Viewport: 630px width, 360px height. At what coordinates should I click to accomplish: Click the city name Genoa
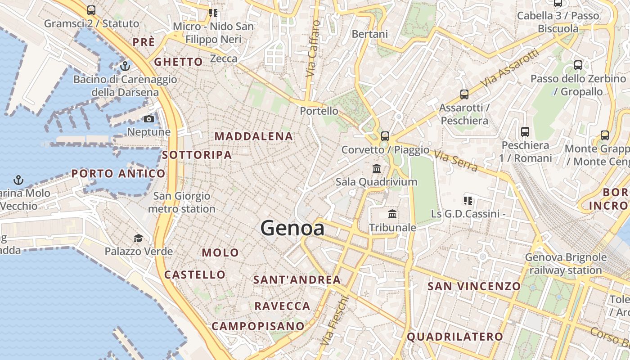tap(292, 228)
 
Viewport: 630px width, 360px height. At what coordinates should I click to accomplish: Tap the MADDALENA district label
tap(254, 136)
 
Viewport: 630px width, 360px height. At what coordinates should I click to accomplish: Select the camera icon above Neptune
tap(148, 119)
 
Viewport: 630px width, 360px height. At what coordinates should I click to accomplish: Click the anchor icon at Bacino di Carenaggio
tap(125, 67)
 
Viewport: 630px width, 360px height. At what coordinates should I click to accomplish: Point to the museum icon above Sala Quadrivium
tap(377, 169)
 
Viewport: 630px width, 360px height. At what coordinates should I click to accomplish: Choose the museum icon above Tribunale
tap(392, 214)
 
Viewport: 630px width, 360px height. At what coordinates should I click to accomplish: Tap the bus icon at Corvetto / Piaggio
tap(385, 136)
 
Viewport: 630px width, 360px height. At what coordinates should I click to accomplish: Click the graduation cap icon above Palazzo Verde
tap(138, 238)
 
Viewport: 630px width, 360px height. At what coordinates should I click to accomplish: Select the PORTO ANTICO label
tap(118, 174)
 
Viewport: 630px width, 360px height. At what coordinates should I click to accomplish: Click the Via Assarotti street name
tap(509, 68)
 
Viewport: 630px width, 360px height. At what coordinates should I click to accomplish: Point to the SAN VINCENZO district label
tap(474, 286)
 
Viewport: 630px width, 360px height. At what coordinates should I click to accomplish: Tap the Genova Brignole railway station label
tap(566, 264)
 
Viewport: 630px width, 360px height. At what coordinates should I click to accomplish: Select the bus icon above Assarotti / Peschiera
tap(464, 94)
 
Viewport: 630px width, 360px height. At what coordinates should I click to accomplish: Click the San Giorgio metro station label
tap(182, 202)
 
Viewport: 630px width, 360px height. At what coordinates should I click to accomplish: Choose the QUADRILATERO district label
tap(455, 337)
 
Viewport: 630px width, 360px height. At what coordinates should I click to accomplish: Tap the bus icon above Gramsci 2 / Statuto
tap(91, 10)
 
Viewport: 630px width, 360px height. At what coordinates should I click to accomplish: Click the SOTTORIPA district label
tap(197, 155)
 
